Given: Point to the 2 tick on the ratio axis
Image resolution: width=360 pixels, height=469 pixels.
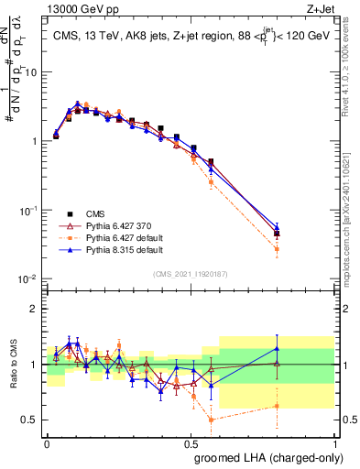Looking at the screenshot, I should coord(35,309).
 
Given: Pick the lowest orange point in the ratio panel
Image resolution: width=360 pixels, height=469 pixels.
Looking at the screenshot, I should coord(212,420).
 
